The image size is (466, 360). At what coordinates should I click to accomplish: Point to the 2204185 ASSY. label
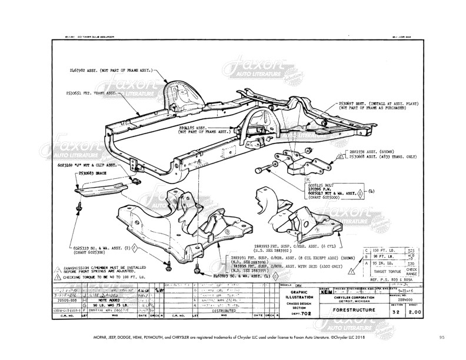[194, 127]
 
